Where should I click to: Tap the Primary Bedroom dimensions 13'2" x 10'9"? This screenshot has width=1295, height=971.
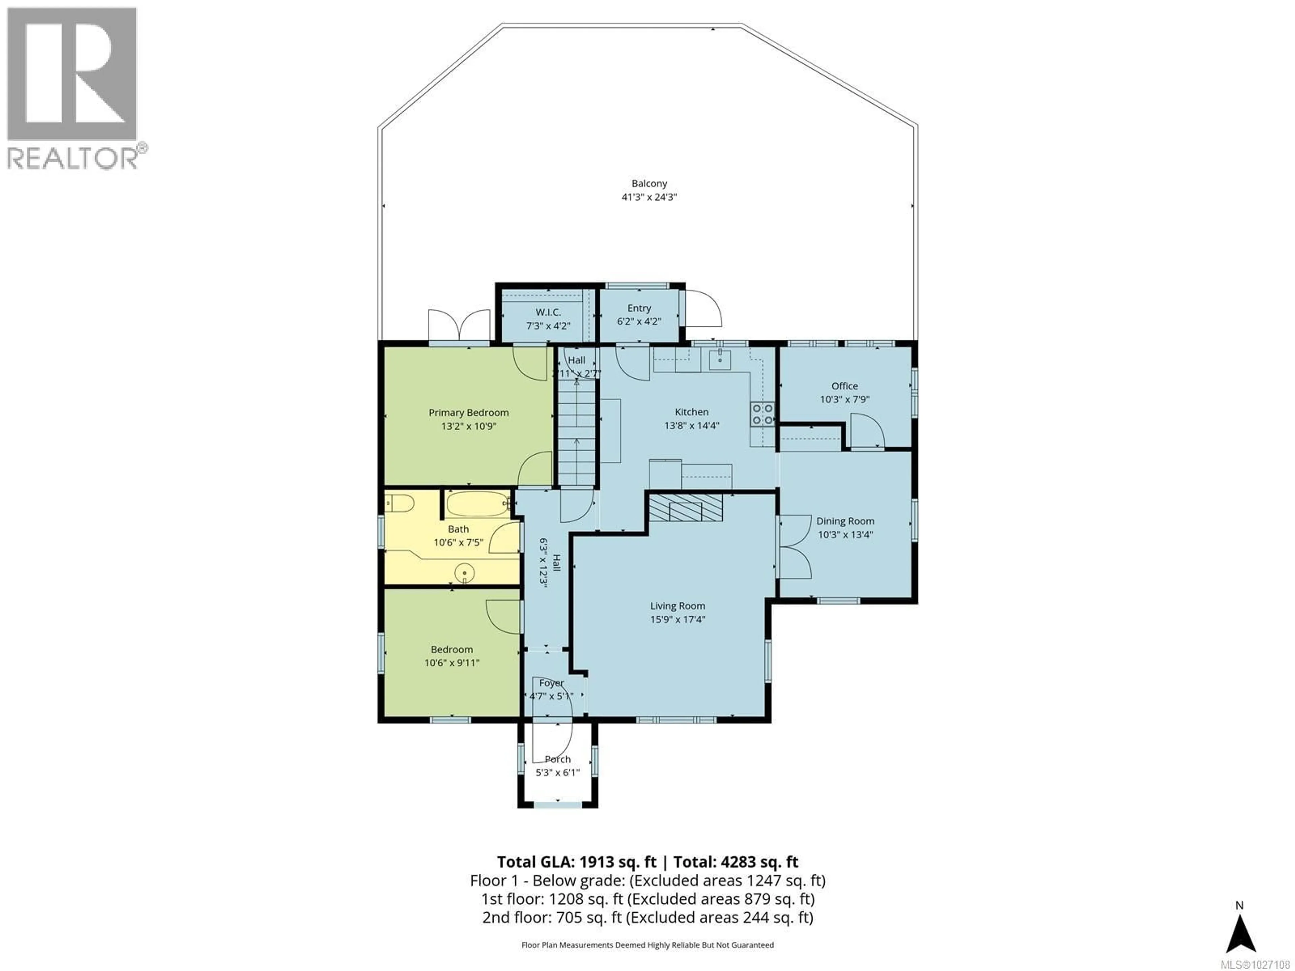(468, 427)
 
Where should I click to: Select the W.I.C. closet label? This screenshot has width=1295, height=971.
(548, 313)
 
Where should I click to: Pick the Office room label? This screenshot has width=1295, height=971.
(844, 386)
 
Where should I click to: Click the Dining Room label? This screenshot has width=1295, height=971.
(845, 521)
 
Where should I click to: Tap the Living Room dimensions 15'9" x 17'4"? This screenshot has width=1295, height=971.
(678, 619)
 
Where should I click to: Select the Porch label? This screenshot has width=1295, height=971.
(557, 759)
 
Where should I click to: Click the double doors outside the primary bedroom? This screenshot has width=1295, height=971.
(459, 325)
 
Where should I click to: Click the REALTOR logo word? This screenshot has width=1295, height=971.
(73, 158)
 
